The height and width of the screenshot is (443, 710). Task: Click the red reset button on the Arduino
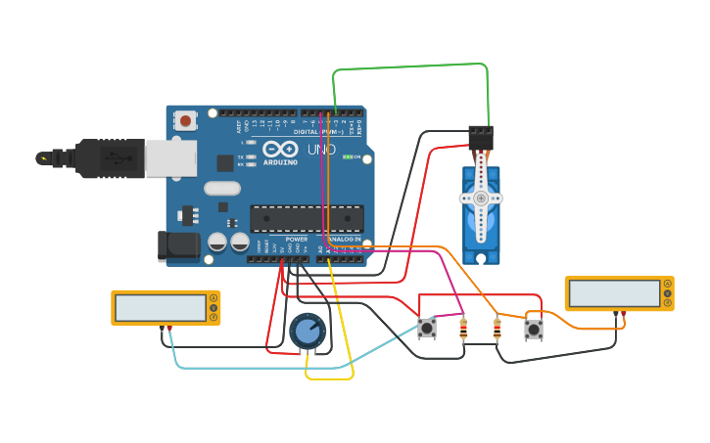(184, 121)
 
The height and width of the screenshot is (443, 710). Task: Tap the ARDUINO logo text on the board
(278, 162)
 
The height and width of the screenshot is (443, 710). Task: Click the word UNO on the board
(321, 150)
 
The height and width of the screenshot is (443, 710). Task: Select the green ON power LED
(348, 156)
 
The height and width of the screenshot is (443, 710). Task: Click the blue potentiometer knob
(308, 332)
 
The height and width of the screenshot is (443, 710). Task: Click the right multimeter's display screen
(614, 292)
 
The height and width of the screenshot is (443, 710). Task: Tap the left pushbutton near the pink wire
(427, 329)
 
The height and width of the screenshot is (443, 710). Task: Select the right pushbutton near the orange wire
(534, 330)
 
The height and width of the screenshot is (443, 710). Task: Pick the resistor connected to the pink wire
(463, 330)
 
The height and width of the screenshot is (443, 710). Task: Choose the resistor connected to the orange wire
(497, 330)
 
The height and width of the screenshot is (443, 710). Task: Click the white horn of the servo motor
(481, 199)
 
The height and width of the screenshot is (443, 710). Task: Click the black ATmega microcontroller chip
(307, 218)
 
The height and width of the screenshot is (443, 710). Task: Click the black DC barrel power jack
(179, 247)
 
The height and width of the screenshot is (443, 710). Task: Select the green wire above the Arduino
(411, 66)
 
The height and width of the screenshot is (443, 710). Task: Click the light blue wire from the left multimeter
(255, 368)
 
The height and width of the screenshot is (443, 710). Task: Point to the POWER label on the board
(296, 240)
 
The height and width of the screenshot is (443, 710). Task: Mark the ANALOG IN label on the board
(343, 240)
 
